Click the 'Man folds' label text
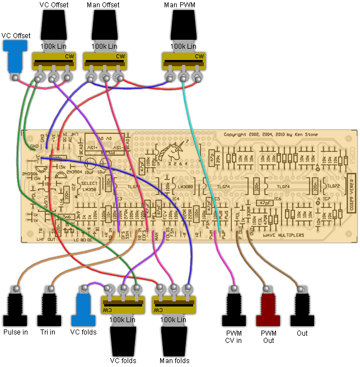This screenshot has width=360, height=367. [x=175, y=361]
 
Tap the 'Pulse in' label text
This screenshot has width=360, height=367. [x=16, y=332]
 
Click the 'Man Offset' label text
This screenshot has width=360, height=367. [x=104, y=5]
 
